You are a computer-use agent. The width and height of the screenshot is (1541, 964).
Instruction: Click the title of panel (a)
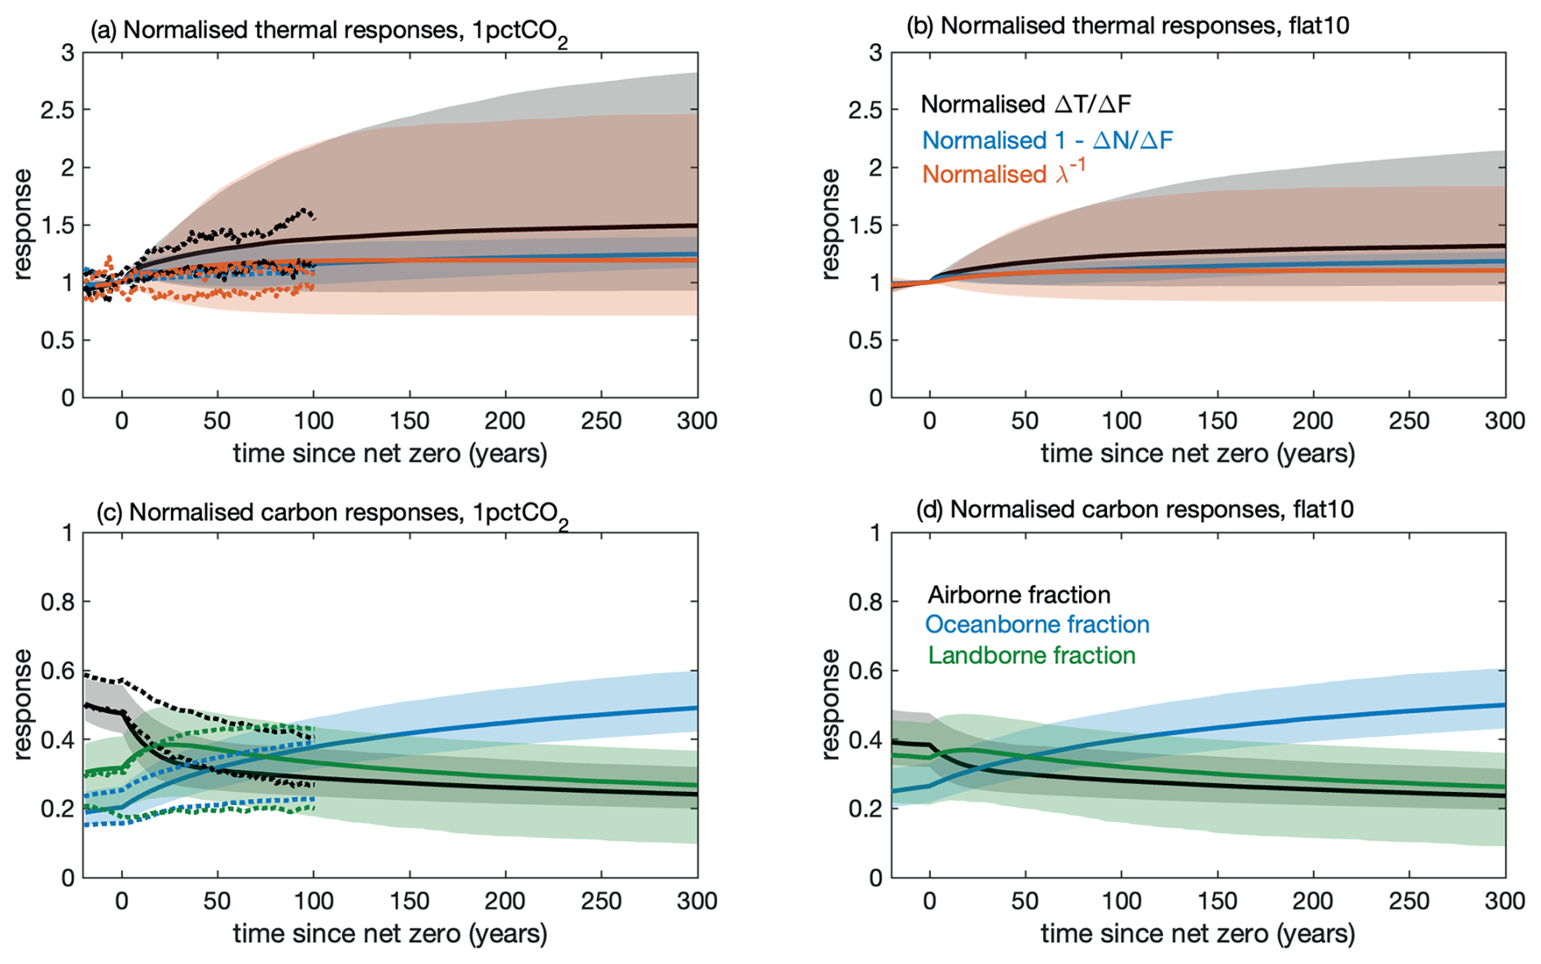328,32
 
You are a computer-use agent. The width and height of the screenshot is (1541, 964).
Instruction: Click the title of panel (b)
1127,26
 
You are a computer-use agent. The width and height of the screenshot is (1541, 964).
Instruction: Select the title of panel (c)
331,513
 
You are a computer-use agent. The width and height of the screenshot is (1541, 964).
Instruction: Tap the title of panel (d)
1135,510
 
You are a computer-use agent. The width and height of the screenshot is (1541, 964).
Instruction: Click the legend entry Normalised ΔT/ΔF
1025,104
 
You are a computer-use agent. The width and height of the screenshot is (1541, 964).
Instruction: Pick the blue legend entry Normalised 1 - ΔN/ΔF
1047,140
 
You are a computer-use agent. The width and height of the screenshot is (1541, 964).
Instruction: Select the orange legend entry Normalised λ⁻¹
1003,174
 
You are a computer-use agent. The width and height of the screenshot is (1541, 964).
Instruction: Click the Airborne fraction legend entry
1019,594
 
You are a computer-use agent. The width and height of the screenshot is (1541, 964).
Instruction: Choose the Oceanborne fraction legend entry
1037,624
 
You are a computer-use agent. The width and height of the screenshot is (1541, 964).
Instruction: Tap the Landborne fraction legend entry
1031,655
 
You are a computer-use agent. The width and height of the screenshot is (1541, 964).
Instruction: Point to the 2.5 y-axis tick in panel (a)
57,110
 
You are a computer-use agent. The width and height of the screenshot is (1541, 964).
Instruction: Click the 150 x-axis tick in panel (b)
1217,421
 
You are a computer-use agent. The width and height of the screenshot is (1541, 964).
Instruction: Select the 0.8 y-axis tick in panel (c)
57,602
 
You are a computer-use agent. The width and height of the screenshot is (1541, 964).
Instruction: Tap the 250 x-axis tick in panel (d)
1409,901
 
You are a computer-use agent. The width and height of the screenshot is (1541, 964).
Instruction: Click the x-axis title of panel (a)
389,453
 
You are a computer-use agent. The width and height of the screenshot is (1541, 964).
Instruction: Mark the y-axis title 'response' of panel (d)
830,704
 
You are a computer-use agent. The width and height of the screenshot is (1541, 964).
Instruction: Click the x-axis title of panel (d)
1197,934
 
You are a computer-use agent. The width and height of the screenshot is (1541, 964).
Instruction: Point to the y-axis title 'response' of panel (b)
830,224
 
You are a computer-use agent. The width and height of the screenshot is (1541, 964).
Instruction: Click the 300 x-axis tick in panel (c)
697,901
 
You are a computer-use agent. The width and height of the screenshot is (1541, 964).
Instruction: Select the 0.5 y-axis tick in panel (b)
865,341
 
